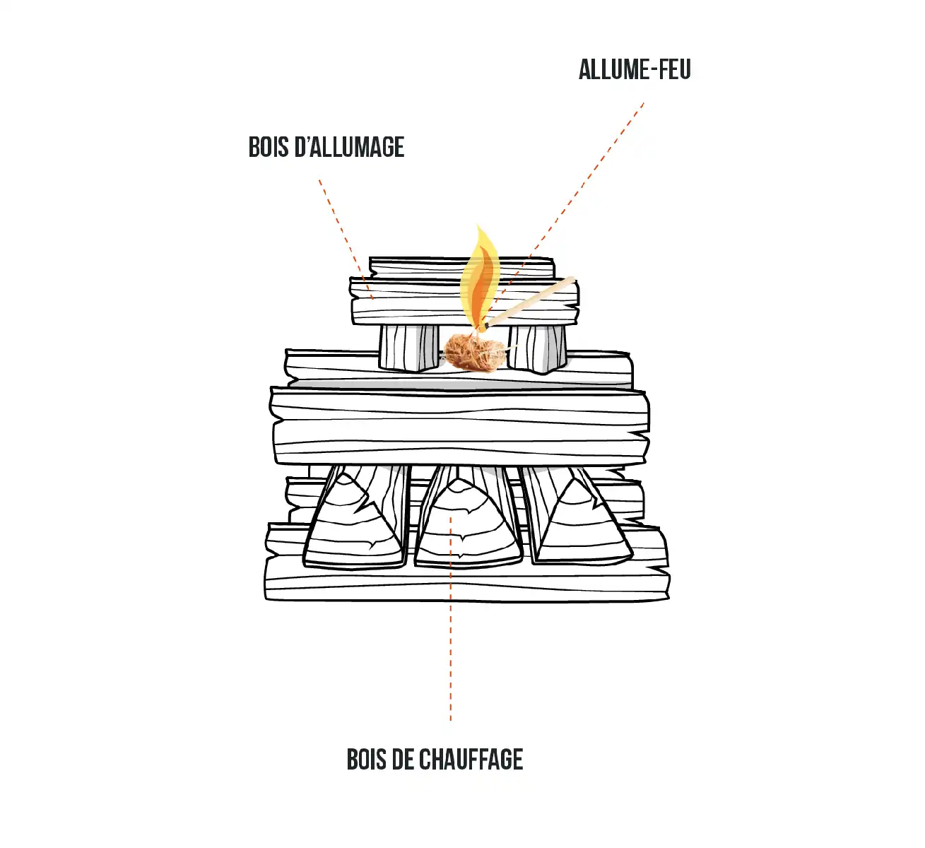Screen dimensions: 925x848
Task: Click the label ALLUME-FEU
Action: [635, 70]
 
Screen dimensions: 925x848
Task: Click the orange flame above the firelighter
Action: [480, 277]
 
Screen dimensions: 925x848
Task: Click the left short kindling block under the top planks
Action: [408, 348]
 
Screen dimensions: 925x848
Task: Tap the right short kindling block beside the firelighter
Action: [537, 348]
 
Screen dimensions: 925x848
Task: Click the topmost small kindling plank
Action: [461, 268]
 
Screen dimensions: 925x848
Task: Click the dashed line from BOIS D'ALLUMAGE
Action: [345, 238]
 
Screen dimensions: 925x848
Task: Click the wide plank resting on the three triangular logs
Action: [460, 427]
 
